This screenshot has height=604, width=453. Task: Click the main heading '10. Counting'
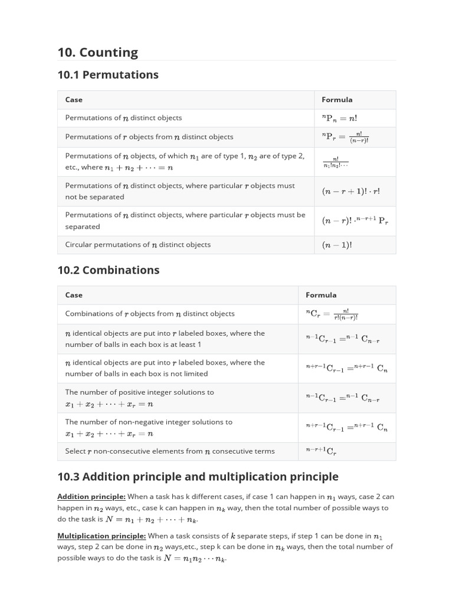coord(97,52)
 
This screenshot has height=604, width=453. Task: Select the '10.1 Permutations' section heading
coord(108,75)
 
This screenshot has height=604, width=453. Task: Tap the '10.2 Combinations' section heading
coord(109,270)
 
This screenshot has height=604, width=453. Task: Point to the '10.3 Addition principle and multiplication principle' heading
coord(198,477)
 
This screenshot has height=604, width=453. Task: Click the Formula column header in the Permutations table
coord(337,100)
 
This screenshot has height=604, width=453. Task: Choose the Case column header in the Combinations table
coord(74,295)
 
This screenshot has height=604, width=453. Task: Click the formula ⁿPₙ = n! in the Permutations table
coord(340,118)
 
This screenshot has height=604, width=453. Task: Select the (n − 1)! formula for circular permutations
coord(336,245)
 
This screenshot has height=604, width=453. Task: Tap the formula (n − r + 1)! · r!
coord(351,191)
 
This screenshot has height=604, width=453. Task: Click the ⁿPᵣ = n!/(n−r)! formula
coord(345,137)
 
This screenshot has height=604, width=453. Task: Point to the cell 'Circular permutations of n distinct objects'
coord(137,245)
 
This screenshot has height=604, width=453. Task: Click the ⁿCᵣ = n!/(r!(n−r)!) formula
coord(331,314)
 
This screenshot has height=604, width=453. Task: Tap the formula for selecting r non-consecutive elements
coord(321,451)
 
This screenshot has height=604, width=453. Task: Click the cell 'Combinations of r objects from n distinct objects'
coord(150,314)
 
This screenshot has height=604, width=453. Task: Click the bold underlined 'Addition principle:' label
coord(91,497)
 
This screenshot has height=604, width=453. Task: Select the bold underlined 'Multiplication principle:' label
coord(101,536)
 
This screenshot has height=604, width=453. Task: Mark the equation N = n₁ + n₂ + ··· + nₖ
coord(151,520)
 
